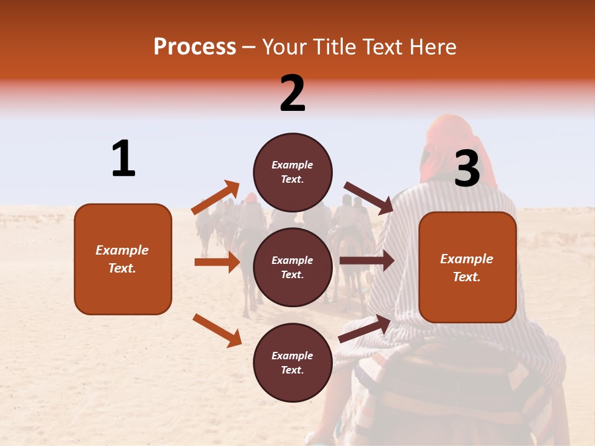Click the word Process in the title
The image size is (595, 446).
pyautogui.click(x=195, y=47)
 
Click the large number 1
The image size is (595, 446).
pyautogui.click(x=123, y=159)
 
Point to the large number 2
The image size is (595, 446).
pyautogui.click(x=293, y=94)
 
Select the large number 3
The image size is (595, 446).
pyautogui.click(x=467, y=169)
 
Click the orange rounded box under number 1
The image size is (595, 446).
pyautogui.click(x=123, y=259)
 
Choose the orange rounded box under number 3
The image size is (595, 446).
pyautogui.click(x=467, y=267)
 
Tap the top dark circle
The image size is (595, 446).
pyautogui.click(x=293, y=172)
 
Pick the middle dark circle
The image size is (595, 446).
pyautogui.click(x=293, y=267)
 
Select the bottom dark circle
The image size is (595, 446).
pyautogui.click(x=293, y=362)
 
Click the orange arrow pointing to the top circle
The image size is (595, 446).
pyautogui.click(x=216, y=198)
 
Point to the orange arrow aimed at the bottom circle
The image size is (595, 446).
pyautogui.click(x=217, y=330)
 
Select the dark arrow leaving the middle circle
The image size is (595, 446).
pyautogui.click(x=366, y=261)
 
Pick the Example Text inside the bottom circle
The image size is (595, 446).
pyautogui.click(x=293, y=363)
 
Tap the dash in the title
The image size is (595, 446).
pyautogui.click(x=249, y=47)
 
